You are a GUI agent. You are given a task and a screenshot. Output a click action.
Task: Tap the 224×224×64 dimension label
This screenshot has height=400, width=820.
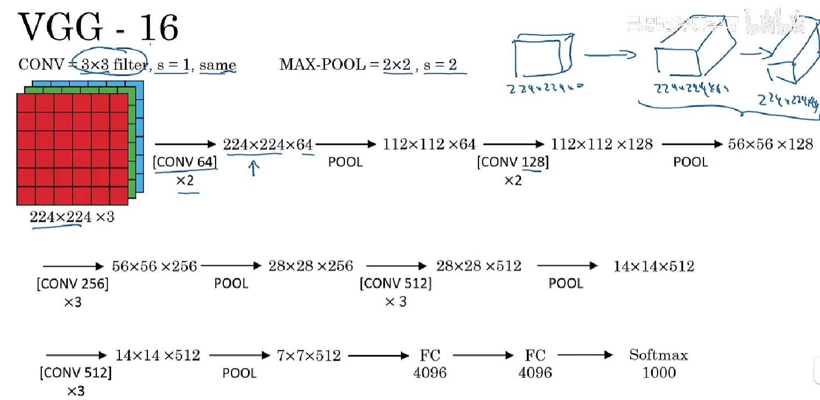coord(268,145)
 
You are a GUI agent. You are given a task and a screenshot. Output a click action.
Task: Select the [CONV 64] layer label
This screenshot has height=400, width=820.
coord(185,162)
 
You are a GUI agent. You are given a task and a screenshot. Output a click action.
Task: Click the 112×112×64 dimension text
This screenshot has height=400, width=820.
coord(429,145)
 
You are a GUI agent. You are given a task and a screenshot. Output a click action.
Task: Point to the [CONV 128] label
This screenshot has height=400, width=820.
coord(513,162)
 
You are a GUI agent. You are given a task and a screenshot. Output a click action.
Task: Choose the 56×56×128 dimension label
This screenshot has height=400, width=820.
coord(770,145)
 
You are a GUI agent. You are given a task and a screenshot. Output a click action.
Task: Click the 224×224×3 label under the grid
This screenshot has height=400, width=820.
coord(72,217)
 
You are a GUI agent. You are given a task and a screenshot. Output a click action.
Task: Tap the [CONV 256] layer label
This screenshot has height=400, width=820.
coord(73,284)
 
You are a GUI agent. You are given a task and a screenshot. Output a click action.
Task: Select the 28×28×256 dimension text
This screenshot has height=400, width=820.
coord(311,266)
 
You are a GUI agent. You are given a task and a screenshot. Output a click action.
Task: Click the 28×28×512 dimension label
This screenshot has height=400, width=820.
coord(478,266)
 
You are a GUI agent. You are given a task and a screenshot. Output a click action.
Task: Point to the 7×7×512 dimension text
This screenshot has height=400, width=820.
coord(309,355)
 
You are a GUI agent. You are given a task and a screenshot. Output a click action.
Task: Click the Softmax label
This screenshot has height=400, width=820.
coord(658,355)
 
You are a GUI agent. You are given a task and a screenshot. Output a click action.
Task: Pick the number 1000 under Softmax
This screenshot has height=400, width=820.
coord(659,373)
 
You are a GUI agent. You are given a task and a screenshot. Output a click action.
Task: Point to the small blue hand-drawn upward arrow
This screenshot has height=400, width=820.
coord(253,168)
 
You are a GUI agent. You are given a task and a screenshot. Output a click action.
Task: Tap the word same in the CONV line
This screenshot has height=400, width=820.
coord(218,65)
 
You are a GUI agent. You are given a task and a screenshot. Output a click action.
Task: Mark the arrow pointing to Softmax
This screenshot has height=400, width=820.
coord(585,355)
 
